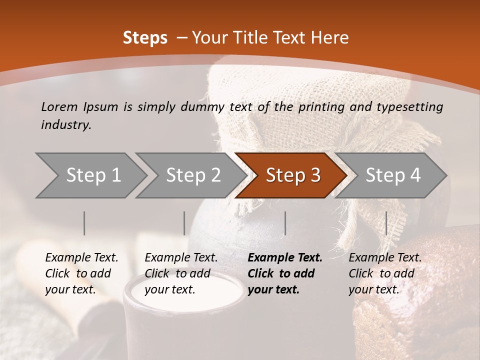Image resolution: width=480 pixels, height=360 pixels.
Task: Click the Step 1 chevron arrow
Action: click(93, 175)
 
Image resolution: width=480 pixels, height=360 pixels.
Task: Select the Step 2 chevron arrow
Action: click(193, 175)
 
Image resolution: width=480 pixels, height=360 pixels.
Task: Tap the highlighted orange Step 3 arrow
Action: click(293, 175)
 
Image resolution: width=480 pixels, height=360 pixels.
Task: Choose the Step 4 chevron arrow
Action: click(393, 175)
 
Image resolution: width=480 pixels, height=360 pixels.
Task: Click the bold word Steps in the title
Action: click(145, 38)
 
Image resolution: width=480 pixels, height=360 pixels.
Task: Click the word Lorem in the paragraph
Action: click(59, 106)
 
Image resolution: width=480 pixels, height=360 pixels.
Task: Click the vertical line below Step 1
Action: click(84, 223)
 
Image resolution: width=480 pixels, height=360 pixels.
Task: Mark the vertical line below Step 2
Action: click(184, 223)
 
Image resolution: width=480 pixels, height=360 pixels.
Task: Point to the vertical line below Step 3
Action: click(285, 223)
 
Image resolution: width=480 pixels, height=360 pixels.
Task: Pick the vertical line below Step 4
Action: click(386, 223)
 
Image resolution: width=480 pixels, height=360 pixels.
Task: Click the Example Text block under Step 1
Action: click(81, 273)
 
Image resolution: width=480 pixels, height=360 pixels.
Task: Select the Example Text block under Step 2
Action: click(181, 273)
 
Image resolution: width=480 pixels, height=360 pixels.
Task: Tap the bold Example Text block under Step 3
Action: click(285, 273)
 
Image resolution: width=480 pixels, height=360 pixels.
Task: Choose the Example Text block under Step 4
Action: click(385, 273)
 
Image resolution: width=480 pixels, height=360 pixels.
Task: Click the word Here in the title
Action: click(332, 38)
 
